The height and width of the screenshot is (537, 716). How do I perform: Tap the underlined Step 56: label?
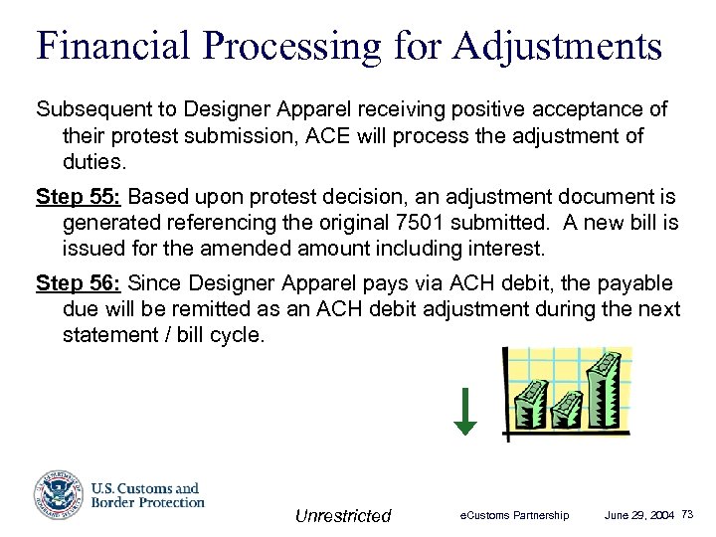[79, 283]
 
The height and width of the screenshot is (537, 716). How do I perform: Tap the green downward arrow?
[465, 413]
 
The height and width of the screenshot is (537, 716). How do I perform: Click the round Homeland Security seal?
[58, 494]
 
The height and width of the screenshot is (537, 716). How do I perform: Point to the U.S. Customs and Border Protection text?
[147, 495]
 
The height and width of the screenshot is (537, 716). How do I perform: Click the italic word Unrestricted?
[343, 515]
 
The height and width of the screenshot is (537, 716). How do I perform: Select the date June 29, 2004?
[639, 515]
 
